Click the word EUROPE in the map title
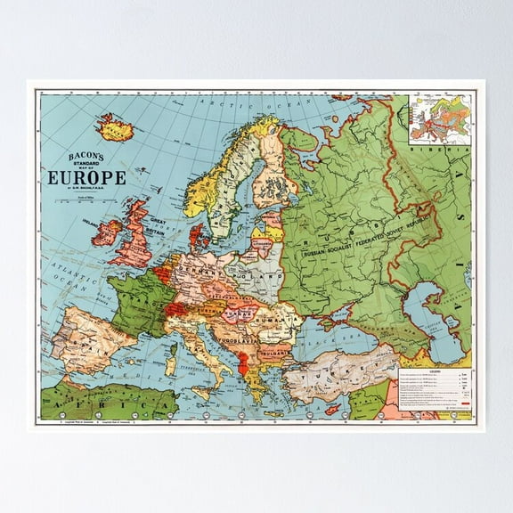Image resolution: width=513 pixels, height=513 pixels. pos(86,177)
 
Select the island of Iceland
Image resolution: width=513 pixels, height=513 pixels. pos(115,128)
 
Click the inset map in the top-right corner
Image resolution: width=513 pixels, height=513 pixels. pos(440,120)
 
